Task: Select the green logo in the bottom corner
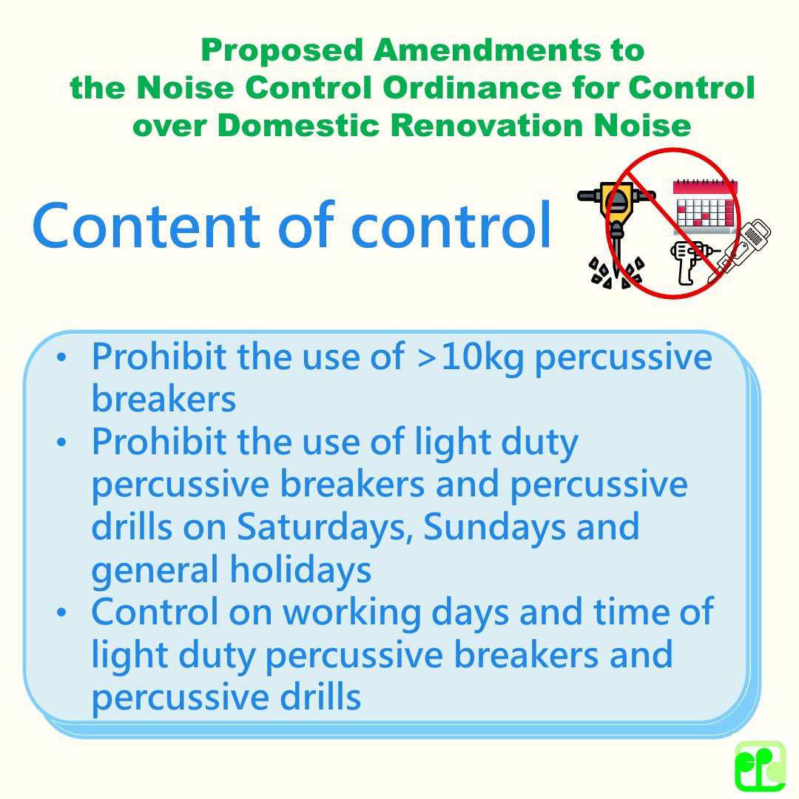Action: (760, 766)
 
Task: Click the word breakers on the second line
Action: (163, 399)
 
